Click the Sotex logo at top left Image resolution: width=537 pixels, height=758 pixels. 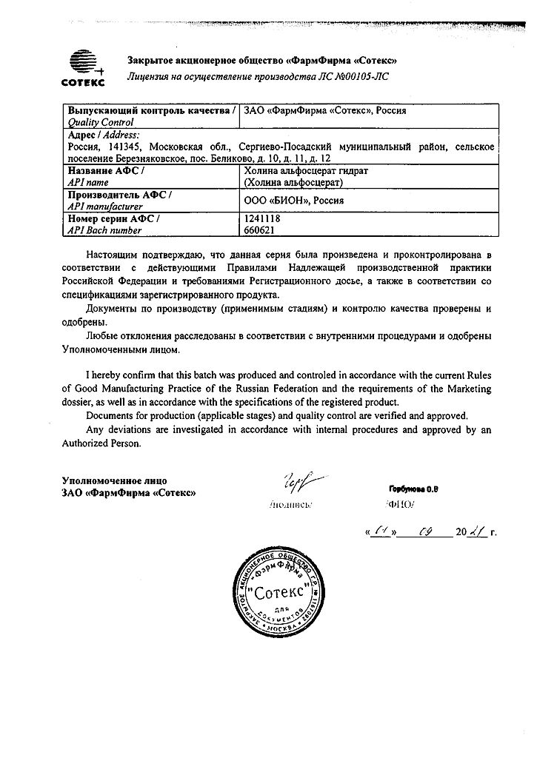point(83,67)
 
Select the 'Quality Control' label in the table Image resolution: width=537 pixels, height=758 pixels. point(101,122)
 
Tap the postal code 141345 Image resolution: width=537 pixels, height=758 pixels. point(122,147)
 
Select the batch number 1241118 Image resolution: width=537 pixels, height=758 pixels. point(261,218)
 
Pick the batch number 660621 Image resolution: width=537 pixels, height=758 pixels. point(259,230)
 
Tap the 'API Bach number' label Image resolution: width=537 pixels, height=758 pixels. point(104,230)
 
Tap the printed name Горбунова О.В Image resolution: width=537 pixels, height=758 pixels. point(413,489)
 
